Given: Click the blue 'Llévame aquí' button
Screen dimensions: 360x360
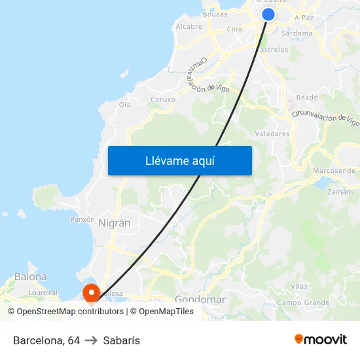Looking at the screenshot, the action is point(180,160).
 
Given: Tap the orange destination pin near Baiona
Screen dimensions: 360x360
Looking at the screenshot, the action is point(89,292).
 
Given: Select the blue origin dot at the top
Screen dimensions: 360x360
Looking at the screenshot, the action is point(268,14).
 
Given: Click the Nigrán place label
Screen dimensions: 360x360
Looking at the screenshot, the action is point(114,223).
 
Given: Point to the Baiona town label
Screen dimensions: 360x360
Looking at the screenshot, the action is point(31,277).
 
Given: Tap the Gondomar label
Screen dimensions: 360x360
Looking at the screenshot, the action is point(200,300).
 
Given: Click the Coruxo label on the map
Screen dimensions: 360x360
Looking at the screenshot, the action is point(163,99).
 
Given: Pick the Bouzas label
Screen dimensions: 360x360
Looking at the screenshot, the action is point(215,14).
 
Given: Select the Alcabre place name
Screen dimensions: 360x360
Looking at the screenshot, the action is point(189,27).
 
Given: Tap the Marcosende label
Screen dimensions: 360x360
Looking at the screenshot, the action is point(334,170).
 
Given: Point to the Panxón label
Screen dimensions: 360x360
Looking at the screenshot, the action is point(82,219).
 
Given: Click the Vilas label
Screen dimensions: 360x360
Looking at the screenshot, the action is point(299,287).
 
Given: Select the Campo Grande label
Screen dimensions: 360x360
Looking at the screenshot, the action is point(303,302).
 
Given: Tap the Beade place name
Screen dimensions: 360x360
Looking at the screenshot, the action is point(307,98).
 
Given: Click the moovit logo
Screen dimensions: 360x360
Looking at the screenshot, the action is point(321,339).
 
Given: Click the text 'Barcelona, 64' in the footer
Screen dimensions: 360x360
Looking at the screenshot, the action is point(46,340).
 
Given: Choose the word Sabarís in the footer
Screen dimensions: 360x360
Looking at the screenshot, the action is point(121,340).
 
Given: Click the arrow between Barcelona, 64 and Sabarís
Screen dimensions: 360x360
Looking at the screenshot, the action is point(91,340).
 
